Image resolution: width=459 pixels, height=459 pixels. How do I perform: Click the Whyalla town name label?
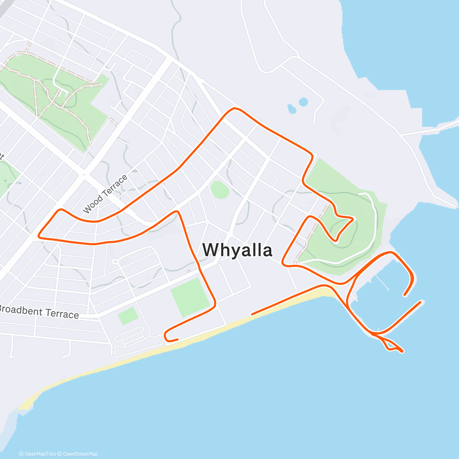pos(237,250)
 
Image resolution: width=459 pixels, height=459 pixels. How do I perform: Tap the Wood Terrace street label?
pos(105,194)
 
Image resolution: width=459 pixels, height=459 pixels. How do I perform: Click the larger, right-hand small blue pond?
pos(303,102)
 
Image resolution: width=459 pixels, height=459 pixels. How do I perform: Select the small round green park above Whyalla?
pos(220,190)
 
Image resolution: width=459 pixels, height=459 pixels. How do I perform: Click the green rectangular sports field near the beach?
pos(190,297)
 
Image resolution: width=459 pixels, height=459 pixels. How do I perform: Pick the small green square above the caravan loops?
pos(128,316)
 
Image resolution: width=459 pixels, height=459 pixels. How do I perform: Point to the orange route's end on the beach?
pos(252,314)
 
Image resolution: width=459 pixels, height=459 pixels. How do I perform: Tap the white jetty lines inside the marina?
pos(382,281)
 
